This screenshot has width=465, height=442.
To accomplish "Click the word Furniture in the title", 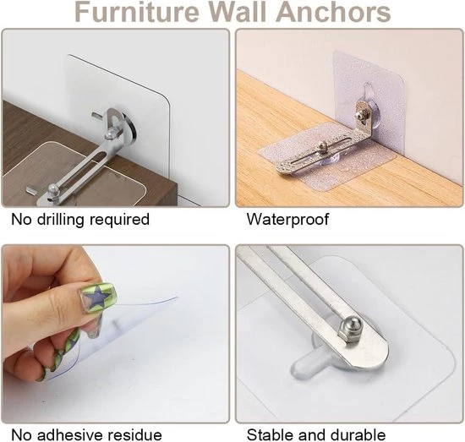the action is [x=137, y=12].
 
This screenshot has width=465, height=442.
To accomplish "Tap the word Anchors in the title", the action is [x=333, y=12].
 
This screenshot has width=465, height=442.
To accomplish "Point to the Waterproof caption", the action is [x=287, y=220].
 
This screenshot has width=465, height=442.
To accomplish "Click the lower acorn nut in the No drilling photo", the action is [x=52, y=190].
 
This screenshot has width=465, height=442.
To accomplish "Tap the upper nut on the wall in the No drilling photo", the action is [x=110, y=135].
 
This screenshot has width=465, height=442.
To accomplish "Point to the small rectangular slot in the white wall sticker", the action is [x=97, y=114].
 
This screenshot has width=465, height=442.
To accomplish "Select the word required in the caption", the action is [x=119, y=221].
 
